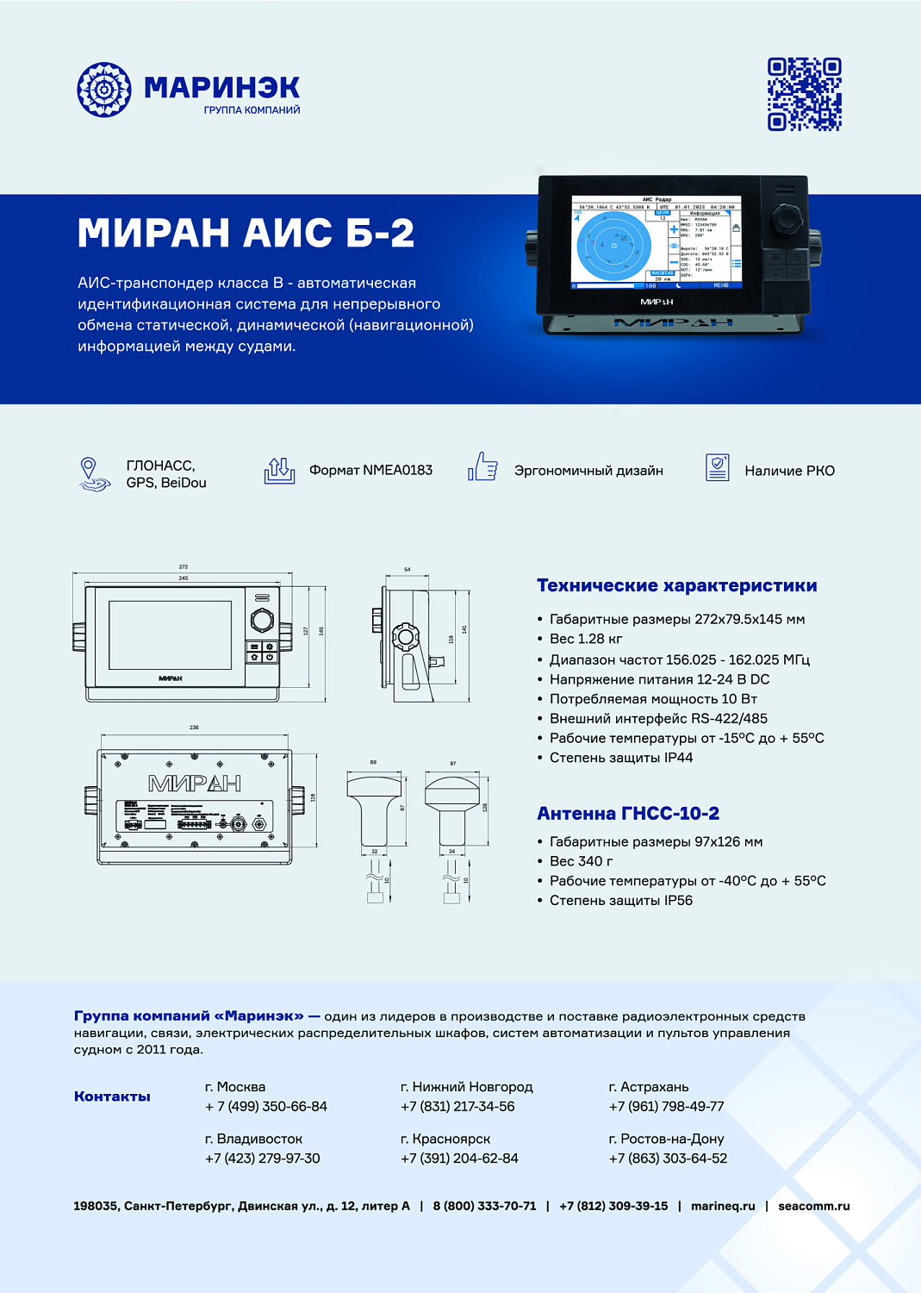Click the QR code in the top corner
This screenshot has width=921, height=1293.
pyautogui.click(x=804, y=95)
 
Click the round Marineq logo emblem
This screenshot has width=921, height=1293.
pyautogui.click(x=104, y=90)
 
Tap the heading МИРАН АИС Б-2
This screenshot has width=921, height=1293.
pyautogui.click(x=246, y=234)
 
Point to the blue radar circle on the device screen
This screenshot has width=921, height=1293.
pyautogui.click(x=614, y=246)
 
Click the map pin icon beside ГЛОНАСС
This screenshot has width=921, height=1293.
pyautogui.click(x=89, y=473)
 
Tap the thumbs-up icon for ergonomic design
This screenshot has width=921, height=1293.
pyautogui.click(x=483, y=467)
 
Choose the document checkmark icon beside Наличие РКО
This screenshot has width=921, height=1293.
pyautogui.click(x=717, y=467)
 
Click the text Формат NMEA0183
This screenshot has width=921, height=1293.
pyautogui.click(x=370, y=470)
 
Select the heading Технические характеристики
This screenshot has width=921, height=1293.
pyautogui.click(x=676, y=585)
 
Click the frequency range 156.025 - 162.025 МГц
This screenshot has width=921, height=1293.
pyautogui.click(x=737, y=659)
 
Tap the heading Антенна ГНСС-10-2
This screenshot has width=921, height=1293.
pyautogui.click(x=627, y=813)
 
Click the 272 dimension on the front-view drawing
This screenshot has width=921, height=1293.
pyautogui.click(x=183, y=567)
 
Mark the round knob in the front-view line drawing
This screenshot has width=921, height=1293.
pyautogui.click(x=262, y=619)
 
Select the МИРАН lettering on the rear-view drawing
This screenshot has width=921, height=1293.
pyautogui.click(x=194, y=784)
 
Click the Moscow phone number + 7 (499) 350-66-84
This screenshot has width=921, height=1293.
pyautogui.click(x=266, y=1106)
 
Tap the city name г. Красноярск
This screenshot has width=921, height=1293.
pyautogui.click(x=445, y=1139)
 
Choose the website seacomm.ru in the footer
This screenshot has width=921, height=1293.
pyautogui.click(x=813, y=1206)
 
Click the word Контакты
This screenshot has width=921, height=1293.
pyautogui.click(x=112, y=1096)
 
